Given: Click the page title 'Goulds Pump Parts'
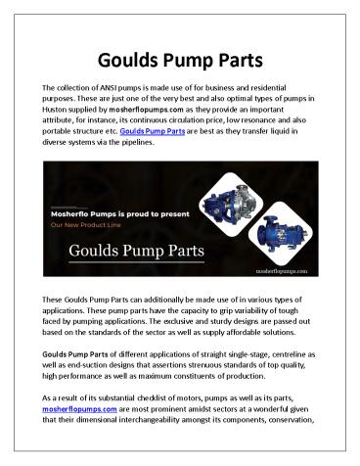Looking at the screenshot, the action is click(x=180, y=56).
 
